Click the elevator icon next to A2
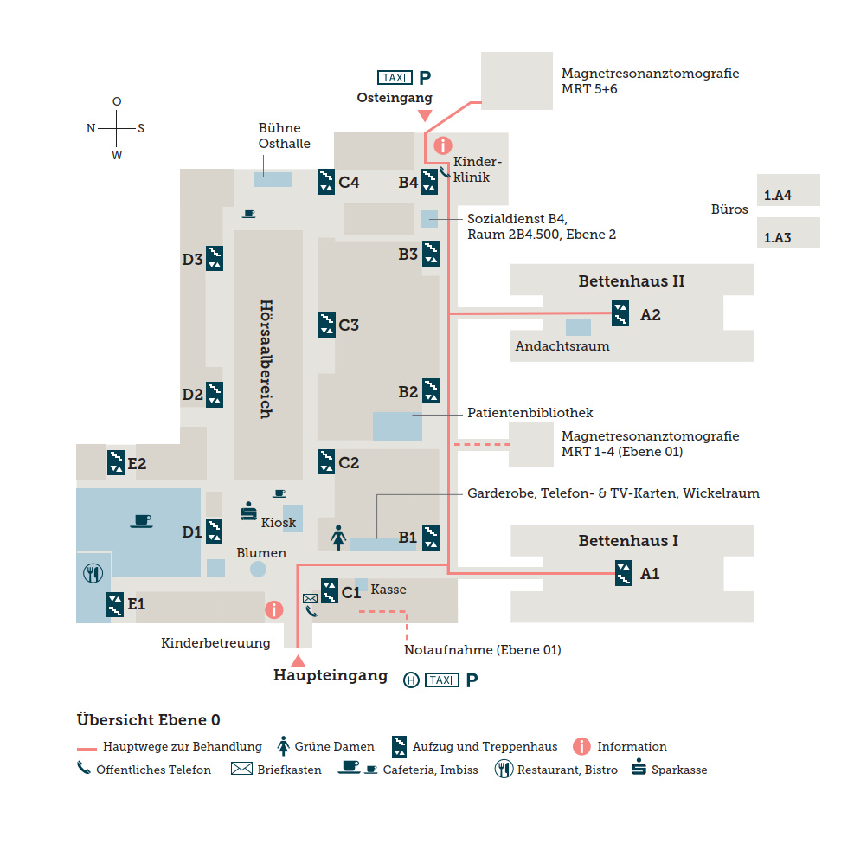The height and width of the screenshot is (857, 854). coord(620,313)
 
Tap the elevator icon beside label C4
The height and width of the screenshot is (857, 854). coord(326,181)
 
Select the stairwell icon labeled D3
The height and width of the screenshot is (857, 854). coord(215,259)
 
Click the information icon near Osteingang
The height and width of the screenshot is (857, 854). coord(443,145)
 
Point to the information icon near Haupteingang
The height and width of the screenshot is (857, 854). coord(274,609)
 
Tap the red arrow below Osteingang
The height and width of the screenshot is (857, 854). coord(424,116)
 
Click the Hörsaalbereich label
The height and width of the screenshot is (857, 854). coord(266,358)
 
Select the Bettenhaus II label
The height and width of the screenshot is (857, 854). coord(631,281)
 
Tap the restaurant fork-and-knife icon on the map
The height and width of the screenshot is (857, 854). coord(93,573)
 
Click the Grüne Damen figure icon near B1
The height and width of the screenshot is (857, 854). coord(338,538)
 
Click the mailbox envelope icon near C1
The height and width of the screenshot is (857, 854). coord(310,598)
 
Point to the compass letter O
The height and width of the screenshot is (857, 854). coord(117,101)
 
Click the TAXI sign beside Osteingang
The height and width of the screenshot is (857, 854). coord(394,77)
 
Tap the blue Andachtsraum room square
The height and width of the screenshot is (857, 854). coord(578,327)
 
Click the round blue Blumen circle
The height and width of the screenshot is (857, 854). coord(258,569)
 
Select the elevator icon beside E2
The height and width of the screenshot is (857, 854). coord(116,462)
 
